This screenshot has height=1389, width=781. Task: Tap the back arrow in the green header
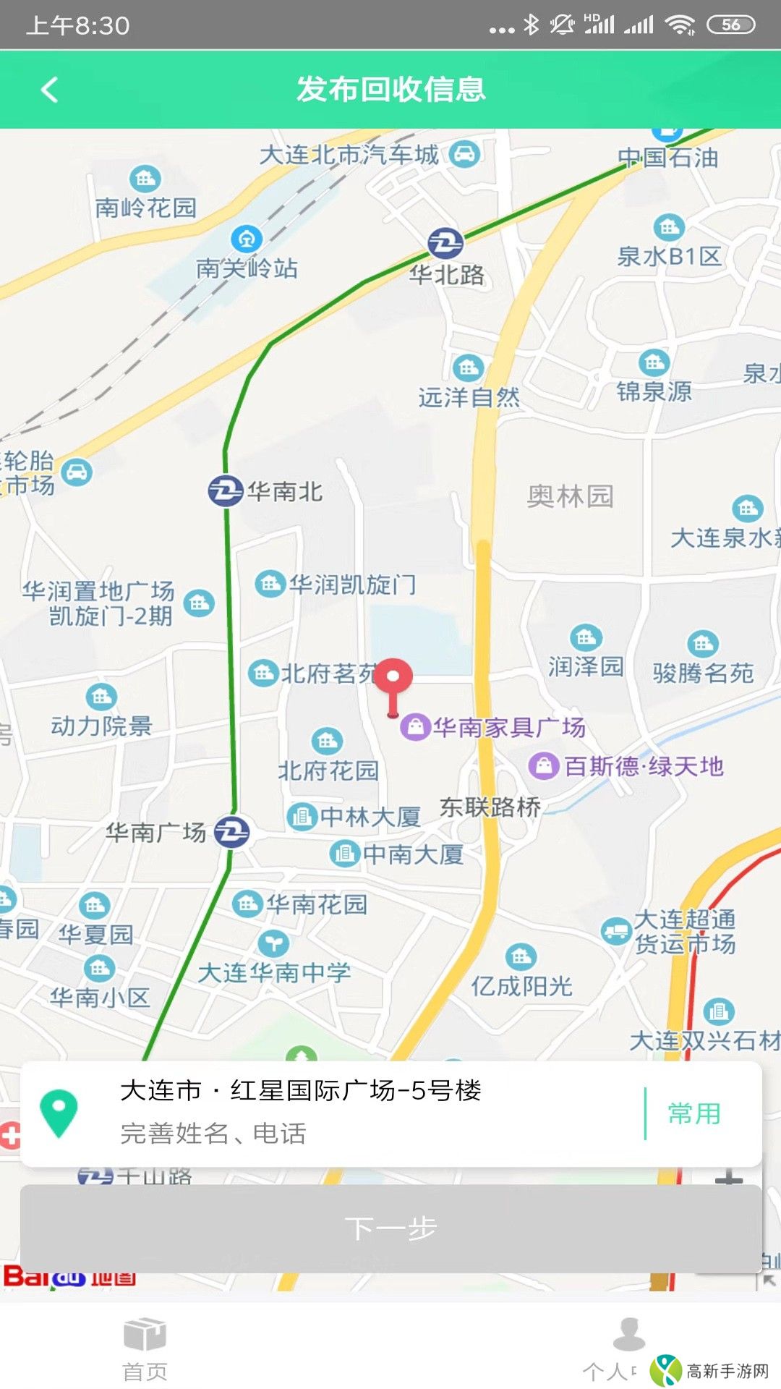click(x=49, y=90)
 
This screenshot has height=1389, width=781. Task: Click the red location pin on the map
click(x=393, y=679)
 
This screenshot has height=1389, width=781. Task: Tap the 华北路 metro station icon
click(x=445, y=243)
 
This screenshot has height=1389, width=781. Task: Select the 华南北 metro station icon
click(x=225, y=491)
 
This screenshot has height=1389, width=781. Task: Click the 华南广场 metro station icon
click(x=232, y=832)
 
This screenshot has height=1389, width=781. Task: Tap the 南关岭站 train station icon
click(x=246, y=239)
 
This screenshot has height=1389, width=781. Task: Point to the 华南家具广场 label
click(x=509, y=727)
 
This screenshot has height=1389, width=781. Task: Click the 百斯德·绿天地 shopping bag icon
click(x=544, y=765)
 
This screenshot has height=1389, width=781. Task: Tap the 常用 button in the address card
click(x=693, y=1113)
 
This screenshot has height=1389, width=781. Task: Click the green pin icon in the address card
click(x=59, y=1113)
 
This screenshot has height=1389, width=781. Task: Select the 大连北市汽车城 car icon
click(x=464, y=154)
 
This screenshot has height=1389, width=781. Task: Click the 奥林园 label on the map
click(x=570, y=496)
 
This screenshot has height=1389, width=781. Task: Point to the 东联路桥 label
click(x=490, y=807)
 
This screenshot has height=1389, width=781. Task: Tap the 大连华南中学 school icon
click(x=273, y=943)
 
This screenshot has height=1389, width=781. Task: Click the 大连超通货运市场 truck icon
click(x=616, y=930)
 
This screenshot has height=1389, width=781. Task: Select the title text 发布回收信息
click(x=390, y=90)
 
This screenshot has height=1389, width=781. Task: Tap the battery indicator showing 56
click(x=730, y=25)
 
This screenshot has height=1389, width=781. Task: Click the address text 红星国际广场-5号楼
click(x=355, y=1090)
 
